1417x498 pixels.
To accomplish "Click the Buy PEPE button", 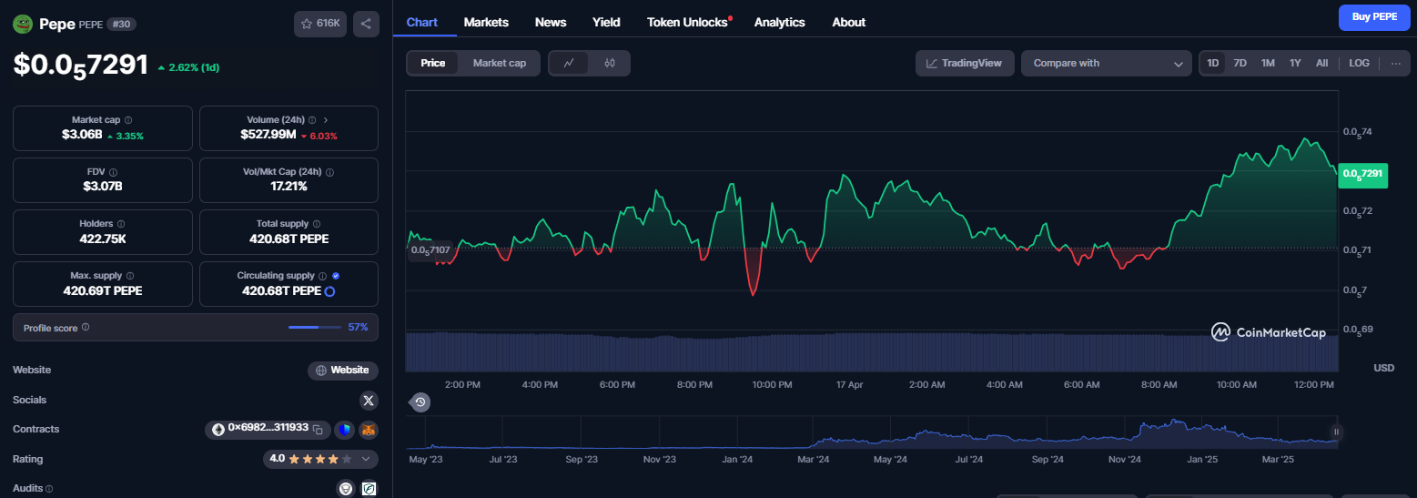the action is coord(1374,17).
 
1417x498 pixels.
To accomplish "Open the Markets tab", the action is coord(486,22).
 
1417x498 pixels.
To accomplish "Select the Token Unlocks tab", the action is coord(687,22).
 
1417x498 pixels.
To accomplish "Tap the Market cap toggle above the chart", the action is coord(499,64).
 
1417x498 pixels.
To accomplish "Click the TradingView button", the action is coord(965,64).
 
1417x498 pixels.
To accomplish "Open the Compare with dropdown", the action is coord(1107,64).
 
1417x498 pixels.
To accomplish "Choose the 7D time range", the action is coord(1240,64).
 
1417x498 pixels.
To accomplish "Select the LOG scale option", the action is coord(1359,64).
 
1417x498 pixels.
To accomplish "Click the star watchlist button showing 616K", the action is coord(320,24).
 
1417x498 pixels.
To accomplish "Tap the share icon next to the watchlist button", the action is coord(366,24).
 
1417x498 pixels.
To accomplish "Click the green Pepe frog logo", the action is coord(23,24).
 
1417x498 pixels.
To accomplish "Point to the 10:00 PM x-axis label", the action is coord(772,385).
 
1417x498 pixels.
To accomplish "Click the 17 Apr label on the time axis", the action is coord(849,385).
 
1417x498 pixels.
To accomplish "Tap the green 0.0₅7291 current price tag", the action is coord(1362,174).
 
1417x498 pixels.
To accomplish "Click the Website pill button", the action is coord(343,371).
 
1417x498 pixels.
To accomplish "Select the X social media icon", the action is coord(369,400).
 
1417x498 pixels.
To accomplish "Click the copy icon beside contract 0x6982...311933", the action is coord(319,430).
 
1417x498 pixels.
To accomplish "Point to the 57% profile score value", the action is coord(358,327).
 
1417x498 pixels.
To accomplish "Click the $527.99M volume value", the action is coord(268,135).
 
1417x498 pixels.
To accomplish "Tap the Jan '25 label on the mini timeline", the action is coord(1202,460).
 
